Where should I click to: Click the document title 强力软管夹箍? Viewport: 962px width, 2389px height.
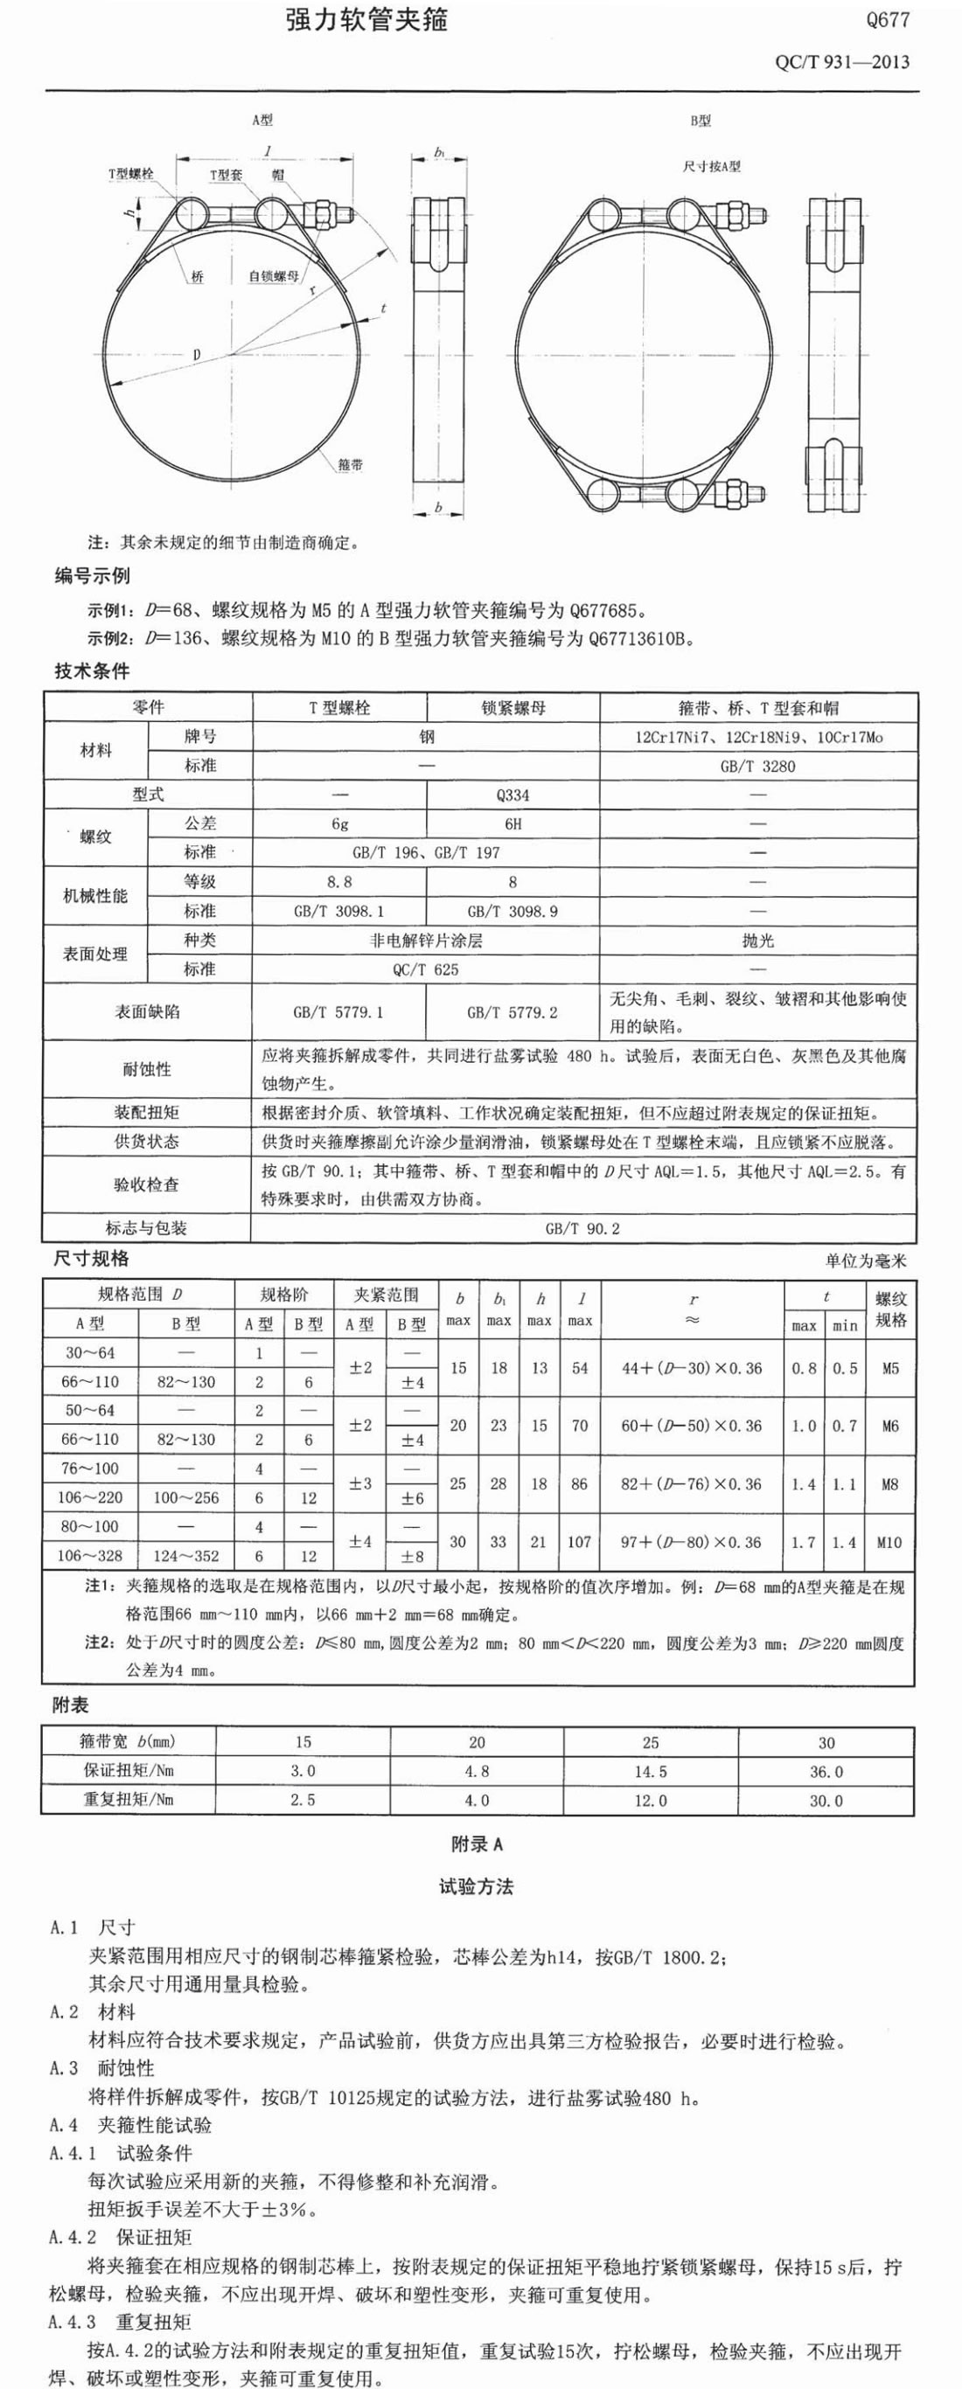tap(366, 21)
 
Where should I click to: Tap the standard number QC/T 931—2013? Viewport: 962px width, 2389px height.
tap(841, 63)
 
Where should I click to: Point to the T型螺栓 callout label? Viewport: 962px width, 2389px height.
tap(131, 174)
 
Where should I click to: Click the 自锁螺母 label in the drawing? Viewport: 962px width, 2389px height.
tap(273, 276)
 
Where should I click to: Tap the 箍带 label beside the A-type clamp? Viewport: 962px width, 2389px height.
tap(351, 465)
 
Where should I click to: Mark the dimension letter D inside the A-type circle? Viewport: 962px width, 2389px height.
tap(197, 354)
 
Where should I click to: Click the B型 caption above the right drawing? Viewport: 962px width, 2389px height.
tap(701, 121)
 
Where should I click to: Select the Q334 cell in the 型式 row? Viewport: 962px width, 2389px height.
tap(513, 795)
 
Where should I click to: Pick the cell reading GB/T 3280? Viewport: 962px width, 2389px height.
tap(758, 766)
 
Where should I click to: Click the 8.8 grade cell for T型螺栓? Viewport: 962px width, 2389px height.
tap(338, 882)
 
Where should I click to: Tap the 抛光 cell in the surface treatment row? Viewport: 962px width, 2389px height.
tap(758, 941)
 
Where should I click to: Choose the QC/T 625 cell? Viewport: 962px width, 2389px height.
tap(426, 969)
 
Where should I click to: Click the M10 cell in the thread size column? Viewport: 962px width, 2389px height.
tap(889, 1541)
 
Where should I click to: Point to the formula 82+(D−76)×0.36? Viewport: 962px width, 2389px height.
tap(691, 1484)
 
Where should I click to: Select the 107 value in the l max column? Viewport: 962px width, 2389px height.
tap(579, 1541)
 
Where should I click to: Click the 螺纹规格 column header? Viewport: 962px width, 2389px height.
tap(890, 1309)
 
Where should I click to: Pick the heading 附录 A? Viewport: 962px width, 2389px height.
tap(477, 1844)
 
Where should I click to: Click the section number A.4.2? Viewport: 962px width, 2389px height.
tap(73, 2237)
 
